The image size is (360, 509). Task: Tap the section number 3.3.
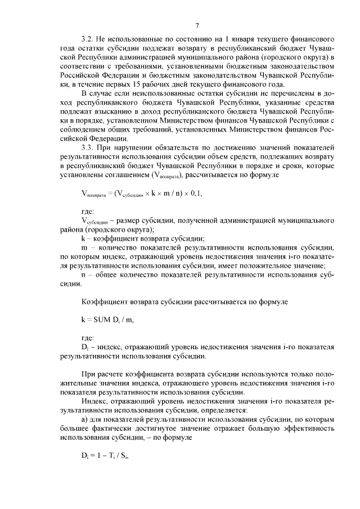(x=88, y=147)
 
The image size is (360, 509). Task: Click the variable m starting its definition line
(x=84, y=247)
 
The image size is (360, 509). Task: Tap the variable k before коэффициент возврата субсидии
(x=83, y=238)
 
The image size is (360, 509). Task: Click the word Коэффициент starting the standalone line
(x=106, y=302)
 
